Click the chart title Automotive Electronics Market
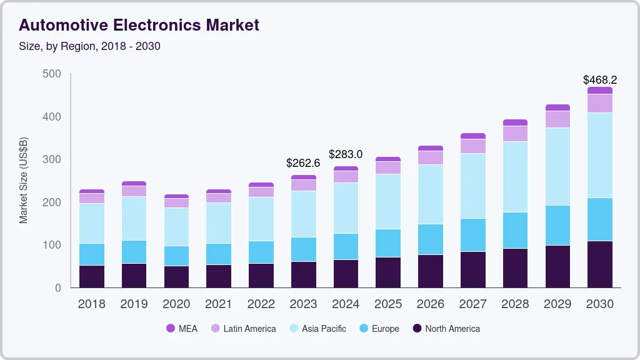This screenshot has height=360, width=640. click(x=139, y=26)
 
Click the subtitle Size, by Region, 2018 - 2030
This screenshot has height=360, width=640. click(x=90, y=46)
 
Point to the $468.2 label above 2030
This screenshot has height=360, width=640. click(x=600, y=80)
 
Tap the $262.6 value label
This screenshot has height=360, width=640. click(x=303, y=163)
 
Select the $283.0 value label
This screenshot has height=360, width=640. click(x=346, y=154)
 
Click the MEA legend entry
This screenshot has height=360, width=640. click(x=182, y=328)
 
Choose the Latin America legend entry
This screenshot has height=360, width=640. click(x=243, y=328)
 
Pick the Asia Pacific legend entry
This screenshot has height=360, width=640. click(x=317, y=328)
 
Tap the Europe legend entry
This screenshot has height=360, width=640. click(x=379, y=328)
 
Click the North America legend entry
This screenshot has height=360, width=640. click(x=446, y=328)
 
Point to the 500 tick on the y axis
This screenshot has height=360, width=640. click(x=52, y=74)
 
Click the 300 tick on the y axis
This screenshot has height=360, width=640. click(x=52, y=159)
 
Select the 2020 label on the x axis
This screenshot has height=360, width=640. click(x=176, y=304)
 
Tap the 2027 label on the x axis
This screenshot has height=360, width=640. click(x=473, y=304)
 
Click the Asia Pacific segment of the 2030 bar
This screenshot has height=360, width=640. click(x=600, y=156)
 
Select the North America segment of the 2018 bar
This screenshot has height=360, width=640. click(x=92, y=276)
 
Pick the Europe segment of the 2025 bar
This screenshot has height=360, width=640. click(x=388, y=243)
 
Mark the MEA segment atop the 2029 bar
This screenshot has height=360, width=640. click(x=557, y=107)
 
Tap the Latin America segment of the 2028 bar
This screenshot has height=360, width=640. click(x=515, y=134)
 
